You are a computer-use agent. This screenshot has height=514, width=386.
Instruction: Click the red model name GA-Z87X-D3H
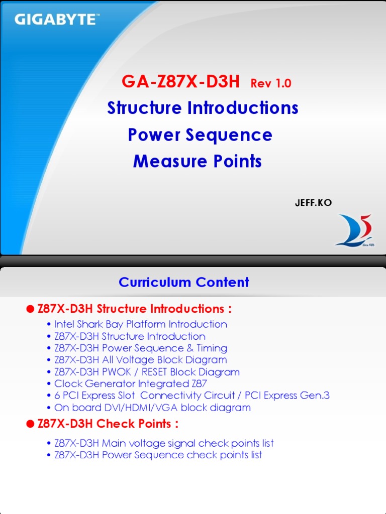point(180,82)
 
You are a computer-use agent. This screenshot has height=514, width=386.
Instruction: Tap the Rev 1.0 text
point(270,83)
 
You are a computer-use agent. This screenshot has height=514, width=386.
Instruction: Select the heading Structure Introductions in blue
point(203,108)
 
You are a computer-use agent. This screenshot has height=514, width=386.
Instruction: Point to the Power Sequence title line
point(200,135)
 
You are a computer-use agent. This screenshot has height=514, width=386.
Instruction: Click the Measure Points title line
point(197,162)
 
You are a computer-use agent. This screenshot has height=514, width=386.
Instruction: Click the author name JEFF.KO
point(313,202)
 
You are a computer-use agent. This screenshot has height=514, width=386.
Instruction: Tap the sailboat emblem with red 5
point(354,230)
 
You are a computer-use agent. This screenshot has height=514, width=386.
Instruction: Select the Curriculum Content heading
point(183,282)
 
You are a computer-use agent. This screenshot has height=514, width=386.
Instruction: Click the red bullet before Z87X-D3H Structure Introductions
point(30,309)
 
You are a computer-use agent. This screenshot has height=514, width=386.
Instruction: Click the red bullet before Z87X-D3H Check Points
point(30,424)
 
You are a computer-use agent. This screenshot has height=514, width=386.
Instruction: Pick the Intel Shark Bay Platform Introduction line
point(140,324)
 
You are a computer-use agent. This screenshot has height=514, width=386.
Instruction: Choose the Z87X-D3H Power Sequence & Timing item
point(140,348)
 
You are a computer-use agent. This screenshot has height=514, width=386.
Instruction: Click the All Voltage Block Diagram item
point(140,360)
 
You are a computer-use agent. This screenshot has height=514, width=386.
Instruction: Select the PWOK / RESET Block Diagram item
point(147,372)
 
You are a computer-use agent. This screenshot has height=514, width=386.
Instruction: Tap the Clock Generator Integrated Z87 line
point(131,384)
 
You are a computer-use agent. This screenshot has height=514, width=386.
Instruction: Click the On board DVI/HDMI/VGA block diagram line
point(152,408)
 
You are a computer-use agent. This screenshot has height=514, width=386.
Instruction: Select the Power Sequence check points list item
point(158,455)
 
